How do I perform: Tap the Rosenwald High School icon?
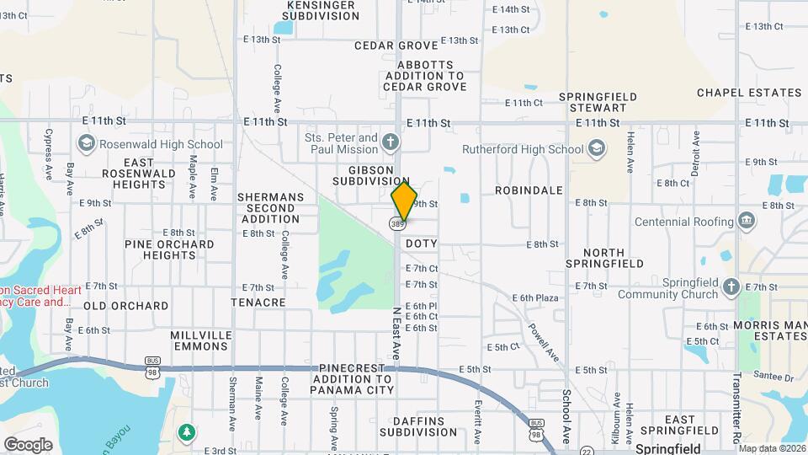pos(86,143)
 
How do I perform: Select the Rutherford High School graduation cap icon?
pos(596,149)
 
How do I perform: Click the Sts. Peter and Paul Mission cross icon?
pos(390,142)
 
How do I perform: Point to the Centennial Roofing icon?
pos(745,222)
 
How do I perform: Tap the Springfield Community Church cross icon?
pos(732,286)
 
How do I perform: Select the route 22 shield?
pos(586,451)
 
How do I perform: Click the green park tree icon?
pos(186,432)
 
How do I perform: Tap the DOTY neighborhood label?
pos(421,244)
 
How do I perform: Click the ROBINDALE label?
pos(529,190)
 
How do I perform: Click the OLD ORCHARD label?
pos(125,306)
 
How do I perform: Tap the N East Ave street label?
pos(396,333)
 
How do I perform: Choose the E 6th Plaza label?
pos(536,297)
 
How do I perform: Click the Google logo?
pos(29,444)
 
